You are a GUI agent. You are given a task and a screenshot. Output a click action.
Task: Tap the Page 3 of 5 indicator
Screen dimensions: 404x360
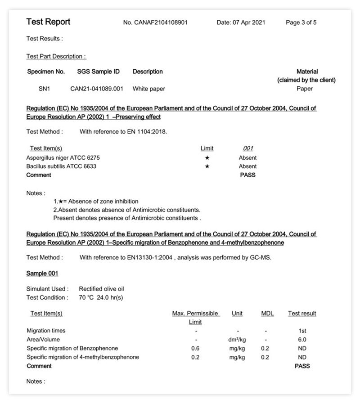click(301, 22)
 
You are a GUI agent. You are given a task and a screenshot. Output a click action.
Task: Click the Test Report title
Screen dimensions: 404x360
click(48, 22)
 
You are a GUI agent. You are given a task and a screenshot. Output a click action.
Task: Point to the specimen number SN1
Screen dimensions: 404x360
click(44, 89)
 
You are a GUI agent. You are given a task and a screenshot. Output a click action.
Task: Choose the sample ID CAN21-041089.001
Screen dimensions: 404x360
click(96, 89)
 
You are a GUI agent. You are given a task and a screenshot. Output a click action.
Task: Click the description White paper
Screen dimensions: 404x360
click(148, 89)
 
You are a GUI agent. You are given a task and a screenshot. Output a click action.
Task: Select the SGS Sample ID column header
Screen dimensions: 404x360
click(98, 72)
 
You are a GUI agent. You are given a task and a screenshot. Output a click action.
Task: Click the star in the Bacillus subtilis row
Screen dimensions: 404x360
click(207, 166)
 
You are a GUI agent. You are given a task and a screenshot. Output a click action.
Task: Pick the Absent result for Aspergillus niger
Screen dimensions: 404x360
click(247, 158)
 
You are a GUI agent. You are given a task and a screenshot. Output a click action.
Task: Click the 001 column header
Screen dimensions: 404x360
click(247, 148)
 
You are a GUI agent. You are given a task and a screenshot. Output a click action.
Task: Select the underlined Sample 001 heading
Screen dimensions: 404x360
click(42, 274)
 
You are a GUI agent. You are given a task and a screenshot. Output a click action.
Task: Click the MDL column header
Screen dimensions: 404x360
click(267, 314)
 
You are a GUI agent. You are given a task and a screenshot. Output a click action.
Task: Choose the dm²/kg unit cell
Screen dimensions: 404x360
click(237, 340)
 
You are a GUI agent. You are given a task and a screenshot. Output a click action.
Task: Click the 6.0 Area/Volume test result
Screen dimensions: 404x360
click(302, 340)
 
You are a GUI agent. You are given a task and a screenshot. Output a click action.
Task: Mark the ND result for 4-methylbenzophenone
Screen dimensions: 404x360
click(302, 357)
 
